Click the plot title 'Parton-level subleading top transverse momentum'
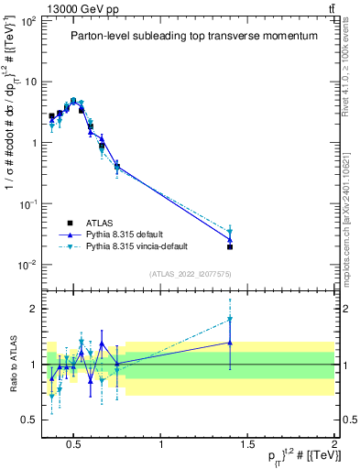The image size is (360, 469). click(x=194, y=36)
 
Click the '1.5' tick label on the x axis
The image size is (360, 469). click(x=248, y=444)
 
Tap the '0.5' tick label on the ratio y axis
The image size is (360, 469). click(x=27, y=420)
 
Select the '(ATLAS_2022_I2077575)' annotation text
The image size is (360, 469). click(x=191, y=274)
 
